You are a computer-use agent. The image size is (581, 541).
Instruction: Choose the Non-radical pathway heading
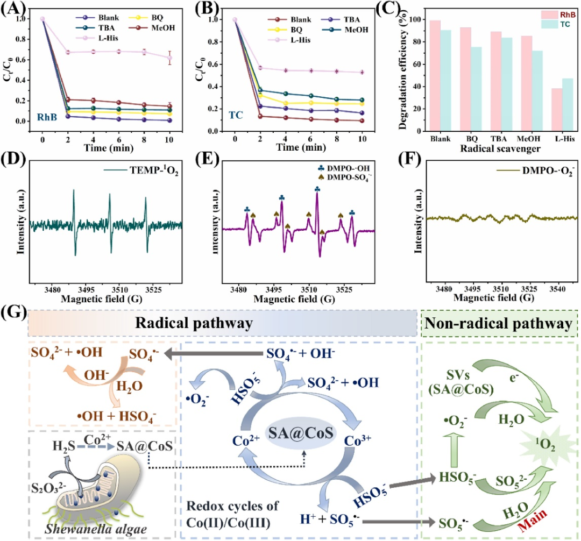(x=499, y=323)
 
